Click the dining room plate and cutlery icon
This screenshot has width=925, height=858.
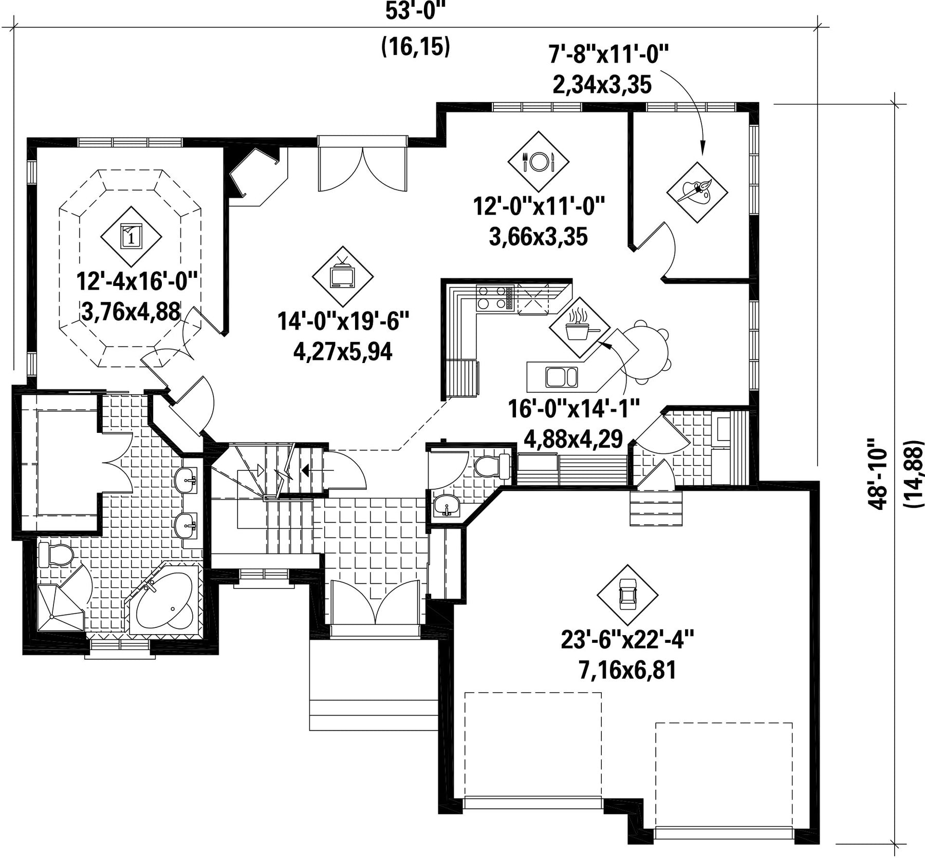pyautogui.click(x=538, y=161)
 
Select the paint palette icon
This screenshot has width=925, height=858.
pyautogui.click(x=697, y=192)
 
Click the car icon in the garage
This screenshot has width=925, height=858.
pyautogui.click(x=627, y=595)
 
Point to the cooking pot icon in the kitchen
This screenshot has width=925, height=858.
pyautogui.click(x=580, y=327)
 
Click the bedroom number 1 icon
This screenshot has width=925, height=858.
pyautogui.click(x=131, y=237)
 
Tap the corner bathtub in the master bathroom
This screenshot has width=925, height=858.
pyautogui.click(x=164, y=599)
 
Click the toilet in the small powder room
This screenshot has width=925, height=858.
pyautogui.click(x=491, y=466)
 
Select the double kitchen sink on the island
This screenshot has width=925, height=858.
pyautogui.click(x=561, y=376)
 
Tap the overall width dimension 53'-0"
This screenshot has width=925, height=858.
pyautogui.click(x=415, y=11)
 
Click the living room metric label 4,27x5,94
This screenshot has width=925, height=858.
pyautogui.click(x=343, y=352)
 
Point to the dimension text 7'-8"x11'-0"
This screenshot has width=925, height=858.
pyautogui.click(x=608, y=54)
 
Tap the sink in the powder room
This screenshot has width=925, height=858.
pyautogui.click(x=447, y=505)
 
